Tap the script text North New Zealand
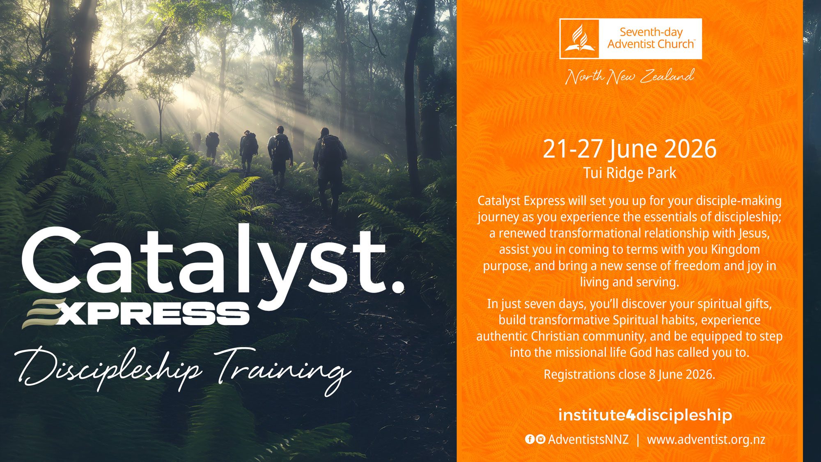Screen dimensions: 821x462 pos(630,76)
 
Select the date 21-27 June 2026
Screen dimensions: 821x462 pos(630,149)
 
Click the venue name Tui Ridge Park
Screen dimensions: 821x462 pos(630,173)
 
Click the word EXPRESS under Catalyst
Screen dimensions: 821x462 pos(135,314)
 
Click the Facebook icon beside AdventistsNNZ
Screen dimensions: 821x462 pos(530,439)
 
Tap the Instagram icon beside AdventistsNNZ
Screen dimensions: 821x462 pos(541,439)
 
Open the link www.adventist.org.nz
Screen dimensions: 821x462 pos(706,439)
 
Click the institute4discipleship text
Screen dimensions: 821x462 pos(645,415)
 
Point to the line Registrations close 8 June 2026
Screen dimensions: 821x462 pos(629,375)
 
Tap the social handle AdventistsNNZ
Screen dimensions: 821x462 pos(588,439)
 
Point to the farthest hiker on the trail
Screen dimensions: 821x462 pos(197,141)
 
